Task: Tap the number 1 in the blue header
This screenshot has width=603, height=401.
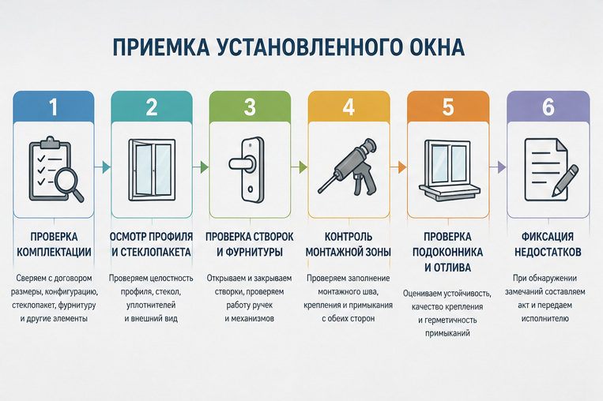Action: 53,107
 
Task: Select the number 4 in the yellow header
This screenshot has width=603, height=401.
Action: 349,107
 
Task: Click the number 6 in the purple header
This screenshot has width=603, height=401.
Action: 548,107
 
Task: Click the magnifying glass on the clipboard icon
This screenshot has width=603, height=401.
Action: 70,185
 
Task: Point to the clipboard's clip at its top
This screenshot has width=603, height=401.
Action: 50,142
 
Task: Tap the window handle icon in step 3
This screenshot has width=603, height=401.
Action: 248,170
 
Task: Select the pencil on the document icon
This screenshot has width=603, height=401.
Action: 565,181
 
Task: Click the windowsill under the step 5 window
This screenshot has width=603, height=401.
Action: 450,190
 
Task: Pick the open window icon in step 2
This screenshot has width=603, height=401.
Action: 152,170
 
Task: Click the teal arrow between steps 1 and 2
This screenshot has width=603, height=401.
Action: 102,167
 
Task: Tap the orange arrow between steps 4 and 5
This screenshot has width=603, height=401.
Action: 398,167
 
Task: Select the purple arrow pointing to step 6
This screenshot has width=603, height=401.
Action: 497,167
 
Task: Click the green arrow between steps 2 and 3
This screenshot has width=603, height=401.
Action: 201,167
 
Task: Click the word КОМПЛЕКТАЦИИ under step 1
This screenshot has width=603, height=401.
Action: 54,252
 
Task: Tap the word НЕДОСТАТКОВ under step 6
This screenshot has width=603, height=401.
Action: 548,252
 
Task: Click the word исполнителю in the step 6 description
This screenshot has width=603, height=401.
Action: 545,318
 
